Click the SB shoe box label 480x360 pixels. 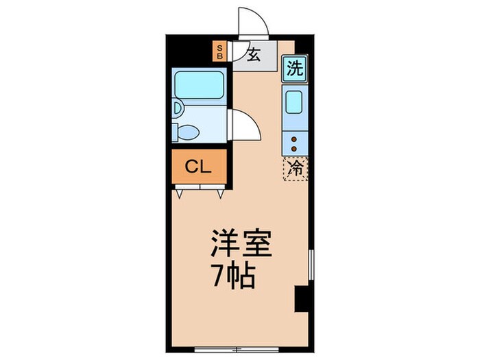220,52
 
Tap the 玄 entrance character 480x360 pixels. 253,56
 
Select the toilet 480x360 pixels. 188,130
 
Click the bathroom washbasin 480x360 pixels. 177,108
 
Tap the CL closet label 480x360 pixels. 197,167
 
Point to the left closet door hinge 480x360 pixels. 180,193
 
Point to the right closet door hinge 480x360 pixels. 220,193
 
